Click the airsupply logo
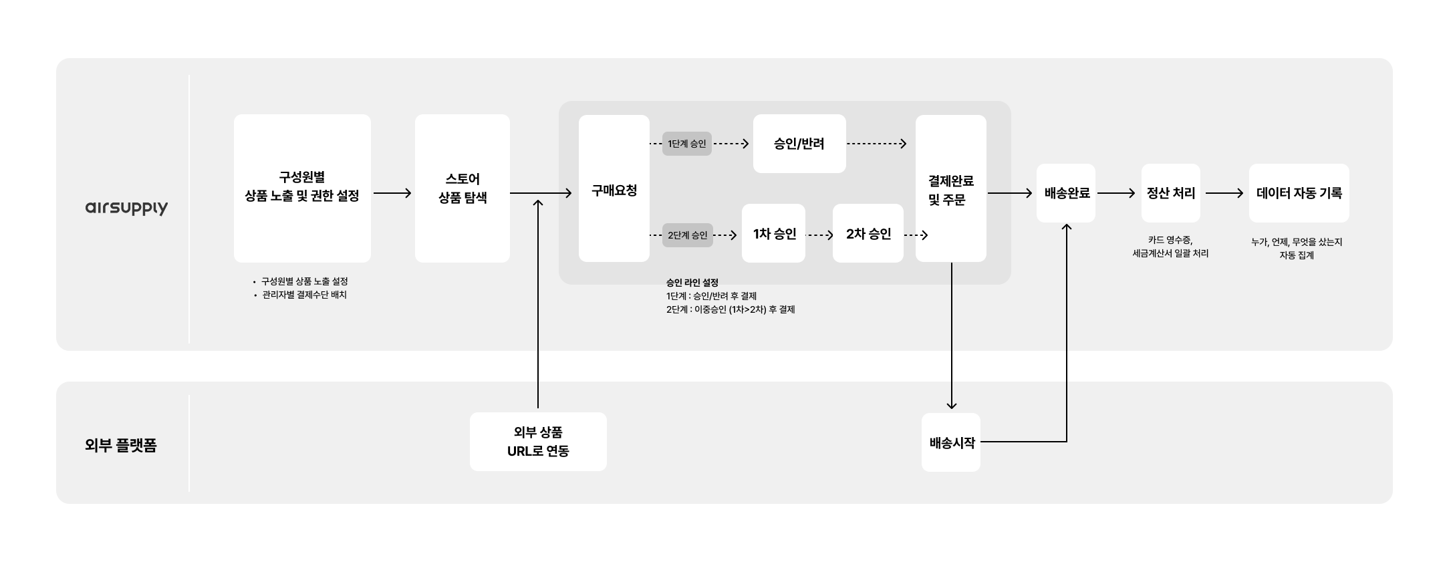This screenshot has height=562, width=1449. pos(126,208)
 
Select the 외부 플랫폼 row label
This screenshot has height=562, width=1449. pos(121,445)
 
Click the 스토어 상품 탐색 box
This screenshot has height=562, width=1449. pos(462,188)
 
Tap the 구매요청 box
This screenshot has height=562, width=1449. pos(614,189)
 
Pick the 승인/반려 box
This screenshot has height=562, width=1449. pos(799,144)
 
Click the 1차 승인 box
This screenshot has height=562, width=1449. pos(773,233)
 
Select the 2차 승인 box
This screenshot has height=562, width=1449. pos(868,233)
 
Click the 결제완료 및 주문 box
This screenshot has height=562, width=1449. pos(950,189)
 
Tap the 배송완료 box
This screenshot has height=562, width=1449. pos(1066,193)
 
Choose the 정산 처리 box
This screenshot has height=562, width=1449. pos(1170,193)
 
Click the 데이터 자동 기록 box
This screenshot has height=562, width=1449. pos(1299,193)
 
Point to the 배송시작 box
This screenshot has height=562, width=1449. pos(951,442)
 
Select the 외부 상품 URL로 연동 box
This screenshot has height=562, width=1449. pos(538,442)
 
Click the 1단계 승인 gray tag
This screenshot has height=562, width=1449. pos(686,144)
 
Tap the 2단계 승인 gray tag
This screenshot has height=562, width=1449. pos(687,235)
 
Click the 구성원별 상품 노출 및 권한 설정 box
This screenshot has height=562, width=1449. pos(302,188)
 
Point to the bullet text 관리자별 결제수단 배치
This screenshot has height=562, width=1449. pos(304,295)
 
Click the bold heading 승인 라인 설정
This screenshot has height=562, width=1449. pos(692,283)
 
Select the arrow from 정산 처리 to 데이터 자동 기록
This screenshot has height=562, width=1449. pos(1224,193)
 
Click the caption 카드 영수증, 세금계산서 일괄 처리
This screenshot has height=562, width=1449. pos(1170,247)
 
